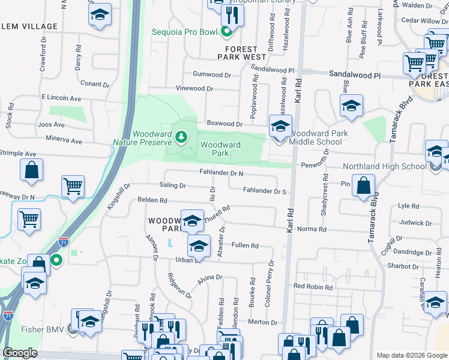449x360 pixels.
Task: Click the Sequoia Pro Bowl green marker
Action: [x=226, y=32]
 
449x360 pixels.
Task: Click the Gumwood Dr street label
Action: [x=212, y=75]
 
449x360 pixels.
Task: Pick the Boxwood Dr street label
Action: [x=224, y=124]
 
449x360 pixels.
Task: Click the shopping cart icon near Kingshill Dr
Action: [x=73, y=186]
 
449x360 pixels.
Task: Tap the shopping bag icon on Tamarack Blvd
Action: [x=363, y=186]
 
